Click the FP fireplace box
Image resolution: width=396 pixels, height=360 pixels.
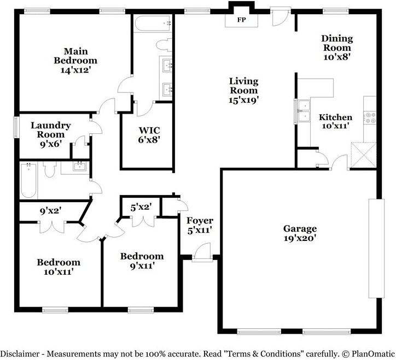tap(241, 20)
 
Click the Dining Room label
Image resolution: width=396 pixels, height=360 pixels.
tap(336, 47)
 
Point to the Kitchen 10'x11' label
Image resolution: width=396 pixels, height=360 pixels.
tap(335, 121)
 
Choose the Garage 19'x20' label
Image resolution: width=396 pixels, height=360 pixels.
tap(299, 233)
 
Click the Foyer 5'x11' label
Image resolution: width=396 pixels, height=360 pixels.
tap(200, 225)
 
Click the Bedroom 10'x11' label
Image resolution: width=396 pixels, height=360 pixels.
tap(59, 266)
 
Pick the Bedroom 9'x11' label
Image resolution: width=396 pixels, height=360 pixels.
tap(142, 261)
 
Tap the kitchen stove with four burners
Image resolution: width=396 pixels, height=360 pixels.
tap(370, 116)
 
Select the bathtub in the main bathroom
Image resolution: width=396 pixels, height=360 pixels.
tap(153, 23)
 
